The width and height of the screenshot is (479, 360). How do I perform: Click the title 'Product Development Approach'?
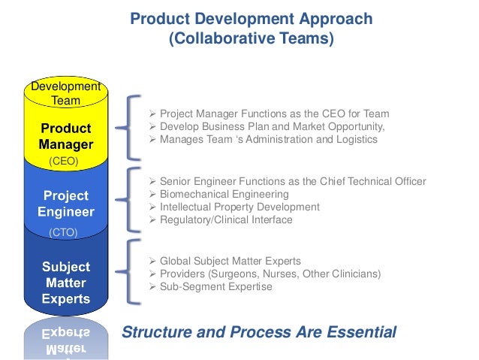click(x=252, y=19)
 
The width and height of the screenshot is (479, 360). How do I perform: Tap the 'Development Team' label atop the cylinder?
click(x=65, y=93)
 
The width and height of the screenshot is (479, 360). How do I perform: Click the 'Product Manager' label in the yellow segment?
click(x=65, y=136)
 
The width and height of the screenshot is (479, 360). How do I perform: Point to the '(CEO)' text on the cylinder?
click(x=63, y=161)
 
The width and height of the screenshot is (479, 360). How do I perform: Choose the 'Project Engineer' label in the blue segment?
click(x=65, y=204)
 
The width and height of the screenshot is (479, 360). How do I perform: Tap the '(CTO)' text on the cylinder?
click(x=63, y=233)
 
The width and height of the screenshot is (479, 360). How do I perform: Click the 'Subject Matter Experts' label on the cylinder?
click(x=65, y=283)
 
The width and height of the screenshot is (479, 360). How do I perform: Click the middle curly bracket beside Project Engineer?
click(x=134, y=201)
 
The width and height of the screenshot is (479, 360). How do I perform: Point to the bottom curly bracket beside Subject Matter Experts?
click(x=134, y=273)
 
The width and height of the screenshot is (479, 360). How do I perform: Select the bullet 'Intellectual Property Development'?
click(x=239, y=207)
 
